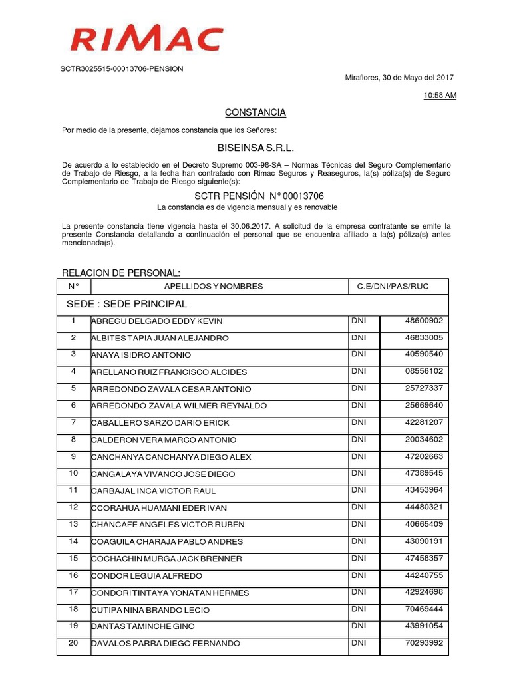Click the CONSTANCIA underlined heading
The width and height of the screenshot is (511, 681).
(x=255, y=112)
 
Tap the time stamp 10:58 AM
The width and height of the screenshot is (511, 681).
(x=440, y=96)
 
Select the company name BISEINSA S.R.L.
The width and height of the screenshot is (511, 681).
(x=255, y=147)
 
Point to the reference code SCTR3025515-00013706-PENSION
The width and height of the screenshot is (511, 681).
(x=122, y=68)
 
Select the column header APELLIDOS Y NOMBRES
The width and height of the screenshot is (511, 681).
(x=213, y=287)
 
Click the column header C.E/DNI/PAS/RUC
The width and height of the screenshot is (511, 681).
(x=393, y=287)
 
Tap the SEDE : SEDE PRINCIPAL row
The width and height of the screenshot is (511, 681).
(x=127, y=304)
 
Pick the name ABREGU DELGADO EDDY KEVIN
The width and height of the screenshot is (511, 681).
(x=157, y=321)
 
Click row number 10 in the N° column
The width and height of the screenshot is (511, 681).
(x=73, y=473)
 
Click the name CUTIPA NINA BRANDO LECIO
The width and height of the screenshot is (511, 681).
(x=150, y=610)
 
